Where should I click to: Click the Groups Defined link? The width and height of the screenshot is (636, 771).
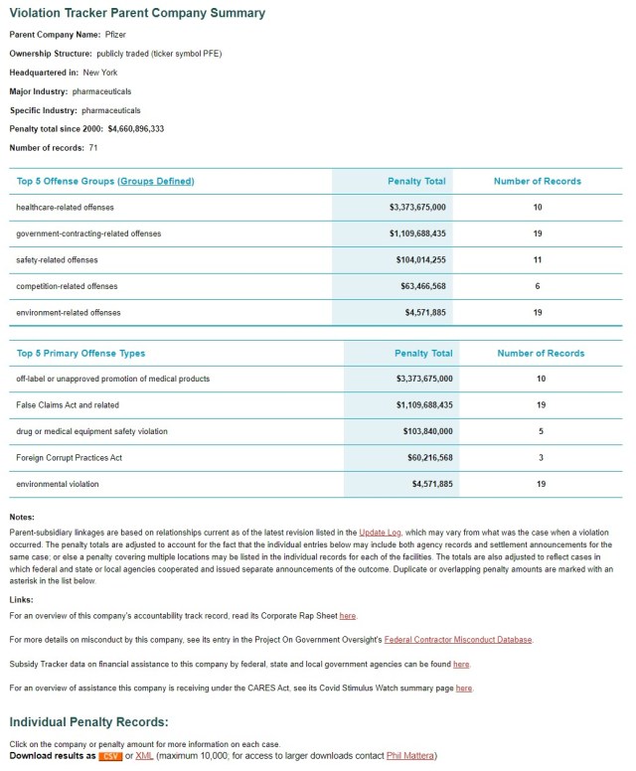(x=156, y=181)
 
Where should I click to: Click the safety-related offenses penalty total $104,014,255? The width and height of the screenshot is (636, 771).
(x=417, y=260)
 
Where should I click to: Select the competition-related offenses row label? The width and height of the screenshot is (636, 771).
(x=67, y=286)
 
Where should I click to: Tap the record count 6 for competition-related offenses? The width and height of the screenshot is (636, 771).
(x=538, y=286)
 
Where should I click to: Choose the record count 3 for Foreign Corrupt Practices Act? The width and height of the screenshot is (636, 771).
(x=541, y=458)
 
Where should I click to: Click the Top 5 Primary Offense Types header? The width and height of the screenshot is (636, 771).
(x=80, y=353)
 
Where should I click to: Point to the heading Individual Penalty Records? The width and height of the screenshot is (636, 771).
(x=88, y=721)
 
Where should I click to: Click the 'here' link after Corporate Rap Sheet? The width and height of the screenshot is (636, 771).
(x=348, y=616)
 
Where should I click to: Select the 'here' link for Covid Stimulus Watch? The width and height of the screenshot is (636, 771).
(x=465, y=688)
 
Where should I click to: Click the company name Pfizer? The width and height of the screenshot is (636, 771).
(x=116, y=34)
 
